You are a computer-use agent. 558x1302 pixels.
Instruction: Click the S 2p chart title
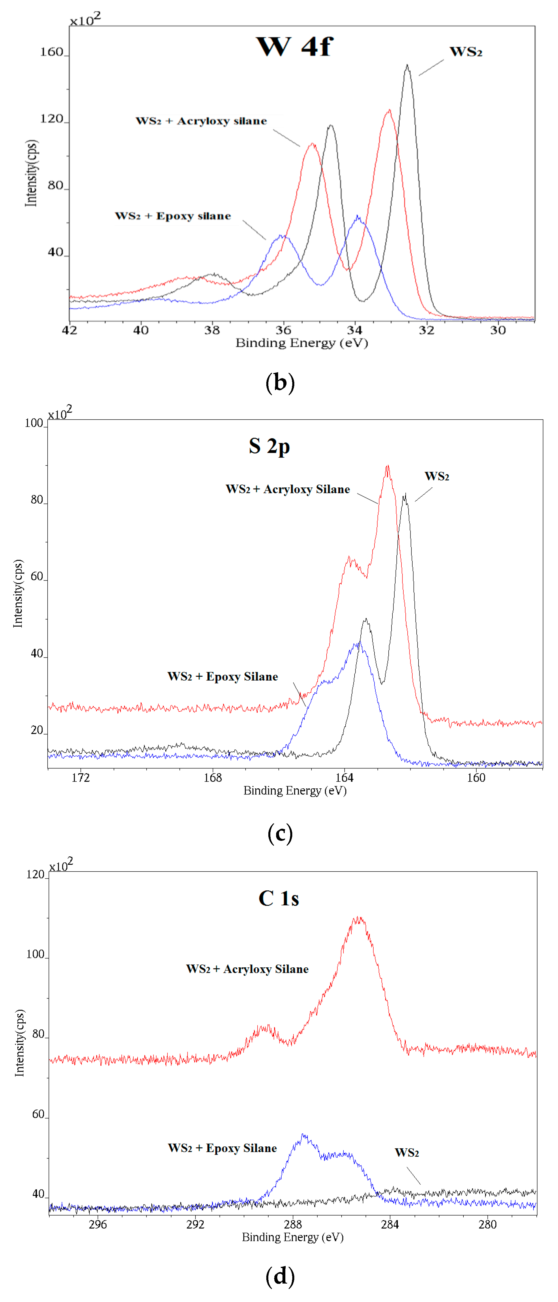pos(269,446)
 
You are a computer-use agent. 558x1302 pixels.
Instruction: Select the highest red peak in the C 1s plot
pos(359,917)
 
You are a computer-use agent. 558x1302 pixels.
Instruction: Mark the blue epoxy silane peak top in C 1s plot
pos(303,1135)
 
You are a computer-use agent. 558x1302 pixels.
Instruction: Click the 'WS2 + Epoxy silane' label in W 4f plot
pos(173,216)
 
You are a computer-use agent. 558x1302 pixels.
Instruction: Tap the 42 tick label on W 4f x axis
pos(69,330)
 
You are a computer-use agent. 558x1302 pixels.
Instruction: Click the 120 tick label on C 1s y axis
pos(35,875)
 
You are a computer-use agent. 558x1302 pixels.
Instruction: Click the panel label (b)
pos(280,382)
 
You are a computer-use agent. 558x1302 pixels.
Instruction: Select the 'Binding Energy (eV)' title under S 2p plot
pos(295,790)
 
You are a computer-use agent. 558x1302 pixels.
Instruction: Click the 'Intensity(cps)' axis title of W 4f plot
pos(31,173)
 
